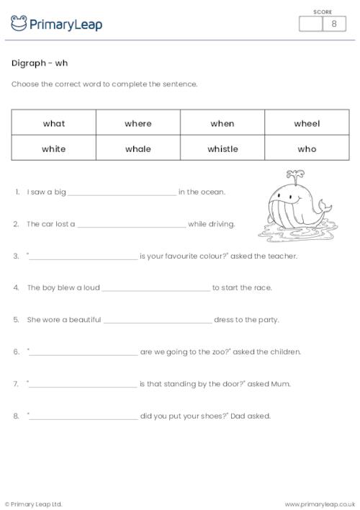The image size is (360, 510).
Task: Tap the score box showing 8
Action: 333,24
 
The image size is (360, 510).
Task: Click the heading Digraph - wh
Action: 40,63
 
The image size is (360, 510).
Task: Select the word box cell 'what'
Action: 54,123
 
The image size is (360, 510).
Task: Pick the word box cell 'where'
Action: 138,123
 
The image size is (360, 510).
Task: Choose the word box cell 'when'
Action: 222,123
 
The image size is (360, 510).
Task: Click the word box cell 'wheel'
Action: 307,123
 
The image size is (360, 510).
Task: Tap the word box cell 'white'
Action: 54,148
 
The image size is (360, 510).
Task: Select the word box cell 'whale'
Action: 138,148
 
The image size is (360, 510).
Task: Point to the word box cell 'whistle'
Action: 222,148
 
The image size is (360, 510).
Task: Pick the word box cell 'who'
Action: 307,148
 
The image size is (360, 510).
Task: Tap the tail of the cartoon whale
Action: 325,209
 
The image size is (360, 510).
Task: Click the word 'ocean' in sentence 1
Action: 215,192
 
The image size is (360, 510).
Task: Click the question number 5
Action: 16,320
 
